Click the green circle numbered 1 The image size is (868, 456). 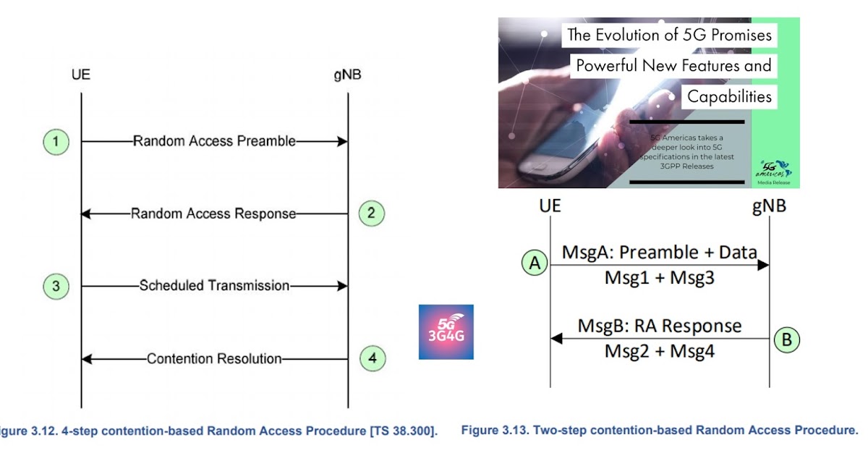(55, 142)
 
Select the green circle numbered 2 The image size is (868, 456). (371, 214)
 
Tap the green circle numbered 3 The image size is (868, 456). (55, 286)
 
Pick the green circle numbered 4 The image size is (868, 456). (371, 358)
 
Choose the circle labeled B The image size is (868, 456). (787, 338)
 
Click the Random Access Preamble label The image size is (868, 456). (214, 142)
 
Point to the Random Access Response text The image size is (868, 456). (213, 214)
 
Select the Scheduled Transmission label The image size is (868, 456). (214, 286)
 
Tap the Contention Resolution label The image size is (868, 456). (214, 358)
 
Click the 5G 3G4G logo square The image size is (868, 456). (446, 332)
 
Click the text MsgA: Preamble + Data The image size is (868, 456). (659, 253)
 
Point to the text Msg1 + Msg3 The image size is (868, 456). (659, 278)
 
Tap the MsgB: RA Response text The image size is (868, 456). (659, 326)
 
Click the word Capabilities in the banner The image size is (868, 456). (729, 96)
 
